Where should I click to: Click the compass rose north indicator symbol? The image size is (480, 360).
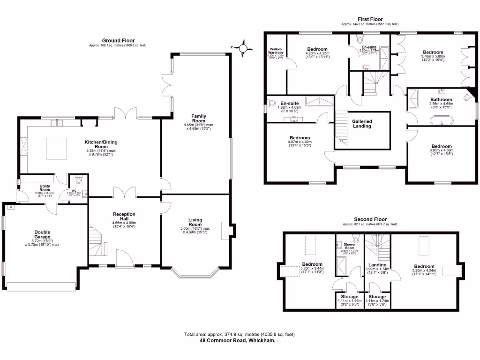tap(243, 47)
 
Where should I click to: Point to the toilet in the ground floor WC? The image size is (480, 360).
tap(78, 180)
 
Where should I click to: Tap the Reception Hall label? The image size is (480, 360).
tap(124, 217)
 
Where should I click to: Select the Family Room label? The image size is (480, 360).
tap(199, 118)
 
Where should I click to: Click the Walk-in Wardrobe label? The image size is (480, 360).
tap(276, 51)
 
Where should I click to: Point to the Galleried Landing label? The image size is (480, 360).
tap(362, 123)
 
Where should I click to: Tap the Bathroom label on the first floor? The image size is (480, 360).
tap(441, 100)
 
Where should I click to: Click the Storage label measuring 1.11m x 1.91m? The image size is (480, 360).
tap(350, 297)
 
